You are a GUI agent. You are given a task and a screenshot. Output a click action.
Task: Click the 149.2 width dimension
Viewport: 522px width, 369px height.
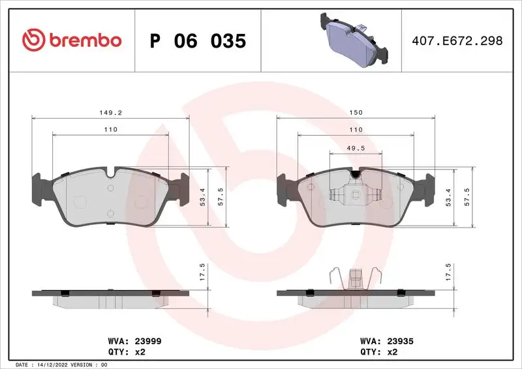click(110, 112)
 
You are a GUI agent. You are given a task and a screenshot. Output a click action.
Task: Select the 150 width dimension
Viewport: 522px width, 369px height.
click(356, 112)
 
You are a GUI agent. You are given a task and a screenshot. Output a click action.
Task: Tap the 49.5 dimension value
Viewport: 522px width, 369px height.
click(356, 147)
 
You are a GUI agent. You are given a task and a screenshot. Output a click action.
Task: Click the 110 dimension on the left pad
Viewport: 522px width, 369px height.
click(110, 130)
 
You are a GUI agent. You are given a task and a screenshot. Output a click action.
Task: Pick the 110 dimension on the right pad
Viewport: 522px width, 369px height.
click(356, 130)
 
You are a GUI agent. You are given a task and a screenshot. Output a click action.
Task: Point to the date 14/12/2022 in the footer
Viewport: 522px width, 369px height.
click(52, 364)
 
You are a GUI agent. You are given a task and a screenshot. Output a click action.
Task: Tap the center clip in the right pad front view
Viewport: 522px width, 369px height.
click(356, 194)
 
